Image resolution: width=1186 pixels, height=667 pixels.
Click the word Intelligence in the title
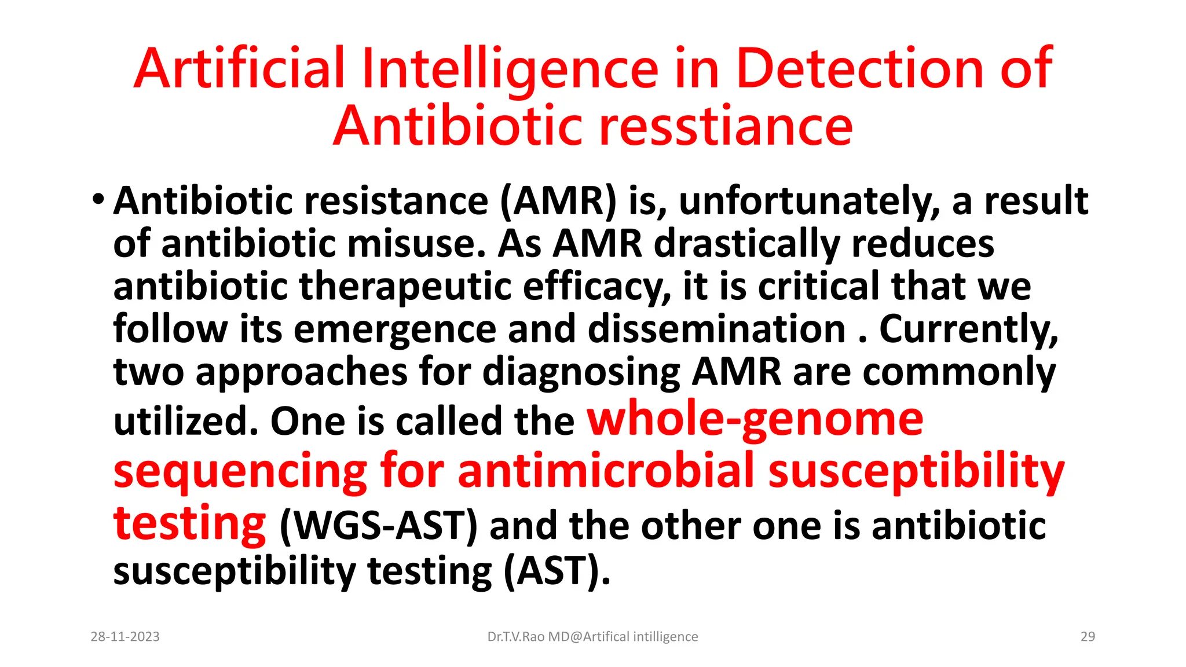tap(510, 69)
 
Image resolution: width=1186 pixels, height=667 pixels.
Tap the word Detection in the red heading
tap(860, 69)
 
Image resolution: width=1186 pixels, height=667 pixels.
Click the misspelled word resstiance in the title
tap(726, 126)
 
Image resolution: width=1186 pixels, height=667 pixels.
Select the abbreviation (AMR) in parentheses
tap(558, 201)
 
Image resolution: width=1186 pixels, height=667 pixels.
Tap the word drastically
tap(747, 243)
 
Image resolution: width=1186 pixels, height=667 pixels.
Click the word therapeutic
tap(405, 286)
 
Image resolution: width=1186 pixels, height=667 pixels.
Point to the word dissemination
tap(716, 329)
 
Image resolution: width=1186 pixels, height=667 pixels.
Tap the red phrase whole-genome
tap(755, 419)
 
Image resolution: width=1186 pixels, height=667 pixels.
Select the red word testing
tap(189, 523)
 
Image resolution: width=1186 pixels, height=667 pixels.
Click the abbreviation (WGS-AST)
tap(379, 526)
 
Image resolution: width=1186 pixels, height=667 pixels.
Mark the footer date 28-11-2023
tap(125, 637)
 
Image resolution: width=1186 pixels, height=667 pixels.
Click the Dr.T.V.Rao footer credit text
tap(592, 637)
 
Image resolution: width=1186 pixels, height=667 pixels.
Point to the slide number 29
tap(1088, 637)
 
